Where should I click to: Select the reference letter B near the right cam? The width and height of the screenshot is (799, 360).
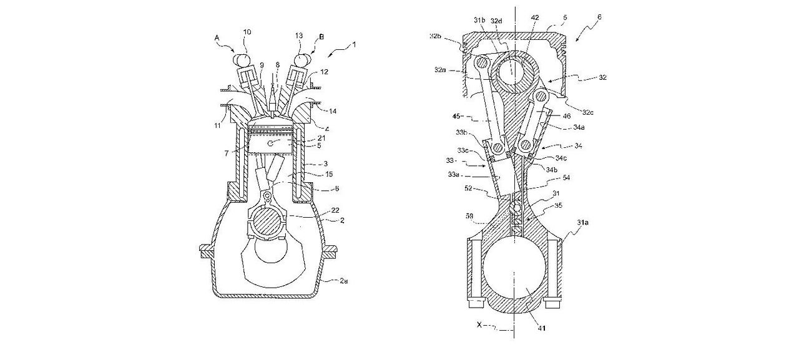[321, 37]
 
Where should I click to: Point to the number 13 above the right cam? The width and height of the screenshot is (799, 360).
[298, 36]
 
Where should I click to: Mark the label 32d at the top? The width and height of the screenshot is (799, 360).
[496, 21]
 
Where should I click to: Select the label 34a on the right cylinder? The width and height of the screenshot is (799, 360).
[579, 127]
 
